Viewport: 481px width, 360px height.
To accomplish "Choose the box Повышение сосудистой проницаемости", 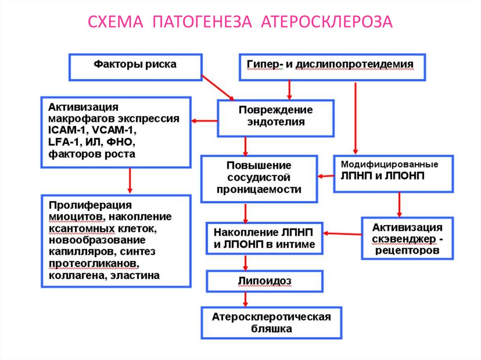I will (258, 178).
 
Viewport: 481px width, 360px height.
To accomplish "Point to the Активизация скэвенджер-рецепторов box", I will (407, 239).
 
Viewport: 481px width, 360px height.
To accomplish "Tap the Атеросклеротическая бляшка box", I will (272, 323).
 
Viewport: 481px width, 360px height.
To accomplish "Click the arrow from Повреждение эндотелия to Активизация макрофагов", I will (203, 122).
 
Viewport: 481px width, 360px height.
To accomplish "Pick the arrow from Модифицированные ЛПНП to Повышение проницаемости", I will (325, 176).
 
